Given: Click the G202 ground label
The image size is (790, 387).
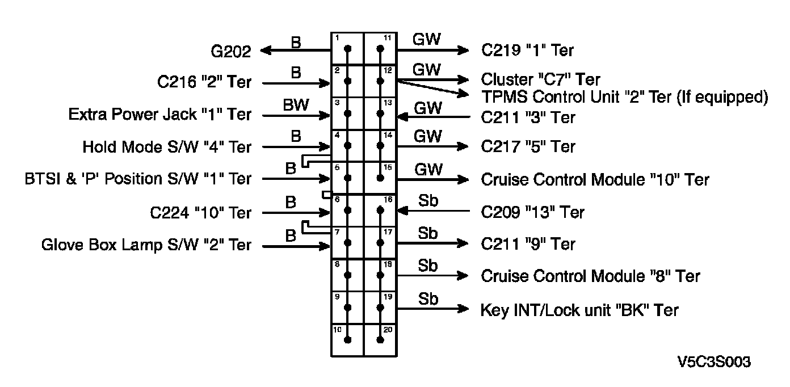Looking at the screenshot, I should tap(230, 52).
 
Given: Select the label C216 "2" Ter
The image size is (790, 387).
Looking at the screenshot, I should tap(204, 83).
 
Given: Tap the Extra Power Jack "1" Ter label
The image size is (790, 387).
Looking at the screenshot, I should tap(159, 115).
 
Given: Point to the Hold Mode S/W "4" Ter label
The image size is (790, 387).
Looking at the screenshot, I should tap(166, 147).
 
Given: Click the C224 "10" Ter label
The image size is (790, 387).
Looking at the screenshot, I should tap(200, 213).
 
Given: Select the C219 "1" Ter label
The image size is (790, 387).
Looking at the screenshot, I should tap(527, 51).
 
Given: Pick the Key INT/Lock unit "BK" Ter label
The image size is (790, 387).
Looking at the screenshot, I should tap(579, 310).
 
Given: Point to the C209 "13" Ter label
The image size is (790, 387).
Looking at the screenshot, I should tap(532, 212).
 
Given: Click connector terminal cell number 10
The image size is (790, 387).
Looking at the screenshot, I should tap(347, 340).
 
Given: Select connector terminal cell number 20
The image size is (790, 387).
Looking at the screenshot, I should tap(380, 340).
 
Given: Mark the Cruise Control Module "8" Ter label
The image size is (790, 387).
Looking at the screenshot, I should tap(590, 276).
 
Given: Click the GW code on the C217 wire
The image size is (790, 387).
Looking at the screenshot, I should tap(427, 136).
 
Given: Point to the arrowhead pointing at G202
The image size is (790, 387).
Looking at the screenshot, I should tap(265, 51).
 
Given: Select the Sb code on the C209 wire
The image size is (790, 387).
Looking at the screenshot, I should tap(428, 201).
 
